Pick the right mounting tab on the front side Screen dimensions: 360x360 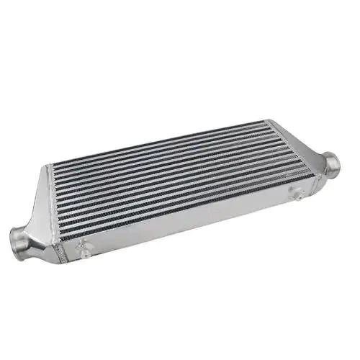294,194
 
